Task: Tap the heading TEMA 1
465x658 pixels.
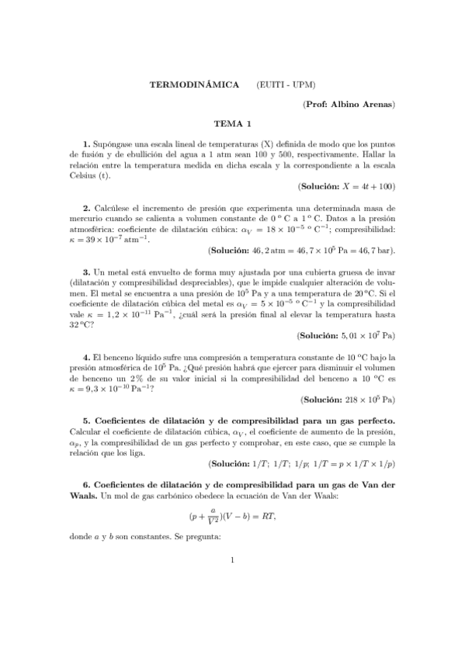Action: point(233,123)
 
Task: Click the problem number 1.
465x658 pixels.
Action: point(85,144)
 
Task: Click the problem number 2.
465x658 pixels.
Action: point(85,209)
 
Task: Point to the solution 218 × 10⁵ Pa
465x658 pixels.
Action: point(368,400)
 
